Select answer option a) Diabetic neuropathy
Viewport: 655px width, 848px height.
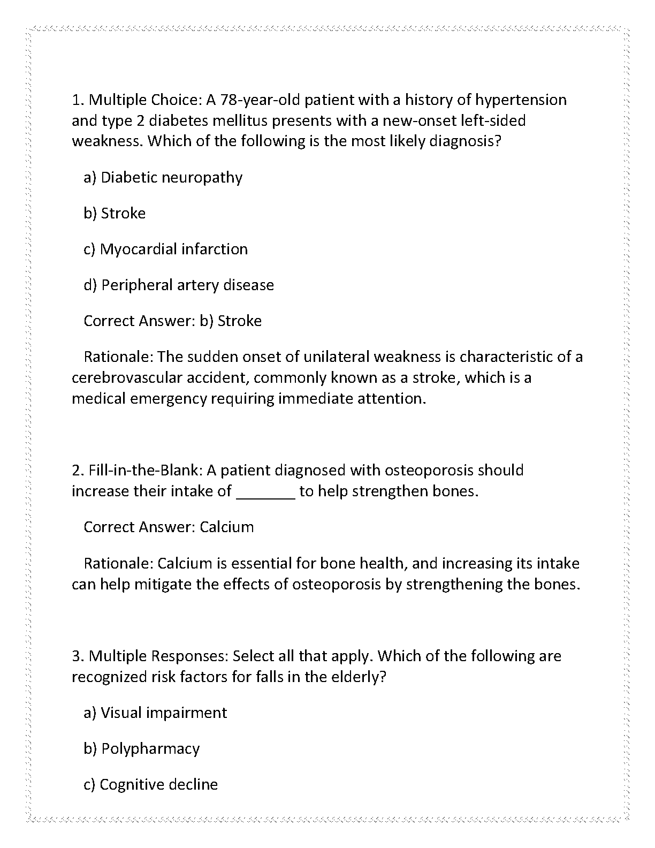pos(163,178)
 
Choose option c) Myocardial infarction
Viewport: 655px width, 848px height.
pos(165,249)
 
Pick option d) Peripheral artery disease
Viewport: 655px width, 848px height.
pos(179,285)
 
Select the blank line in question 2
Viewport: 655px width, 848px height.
pos(265,491)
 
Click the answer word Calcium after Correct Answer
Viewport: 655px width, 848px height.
pos(226,527)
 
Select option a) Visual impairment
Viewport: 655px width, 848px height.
pos(155,713)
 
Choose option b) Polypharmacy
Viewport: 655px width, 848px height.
pos(141,749)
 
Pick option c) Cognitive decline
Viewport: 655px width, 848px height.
pos(150,785)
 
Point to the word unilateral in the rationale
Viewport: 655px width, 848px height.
pos(336,357)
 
